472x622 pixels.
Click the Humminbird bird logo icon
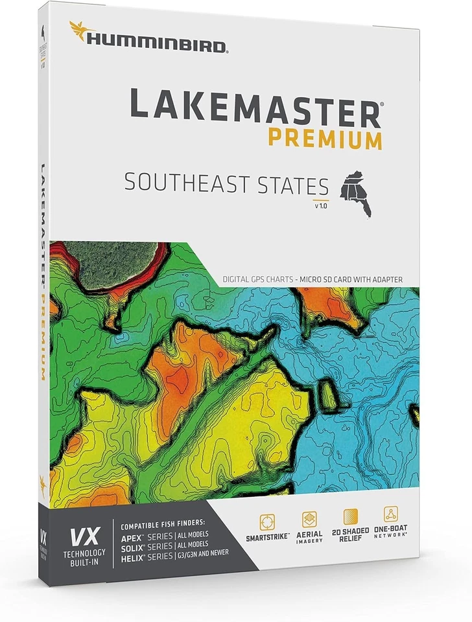tap(80, 30)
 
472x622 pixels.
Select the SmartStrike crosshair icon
tap(267, 522)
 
